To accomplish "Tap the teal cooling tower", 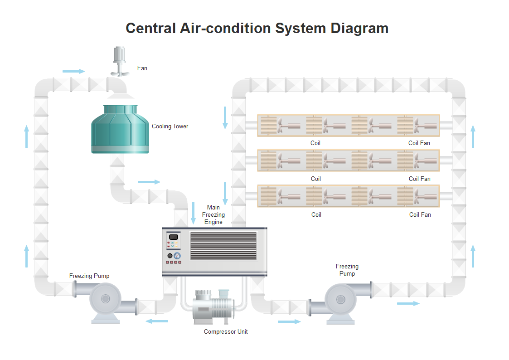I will (120, 129).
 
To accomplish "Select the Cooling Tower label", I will (170, 126).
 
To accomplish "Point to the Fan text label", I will (142, 68).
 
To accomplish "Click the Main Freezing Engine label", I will (213, 215).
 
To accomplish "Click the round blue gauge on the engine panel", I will (177, 256).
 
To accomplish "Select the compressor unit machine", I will (213, 306).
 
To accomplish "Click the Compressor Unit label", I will (226, 332).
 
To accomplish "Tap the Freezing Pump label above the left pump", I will (89, 276).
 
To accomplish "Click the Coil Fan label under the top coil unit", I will (419, 143).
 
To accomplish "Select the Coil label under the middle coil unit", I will (316, 179).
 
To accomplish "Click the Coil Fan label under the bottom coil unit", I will (420, 215).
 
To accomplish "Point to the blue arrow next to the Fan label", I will (73, 71).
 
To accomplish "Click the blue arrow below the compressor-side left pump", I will (157, 321).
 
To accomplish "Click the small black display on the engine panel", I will (173, 237).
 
